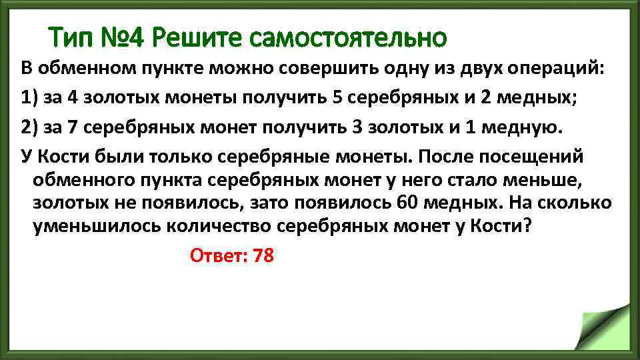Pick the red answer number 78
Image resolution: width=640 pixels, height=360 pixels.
[263, 255]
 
